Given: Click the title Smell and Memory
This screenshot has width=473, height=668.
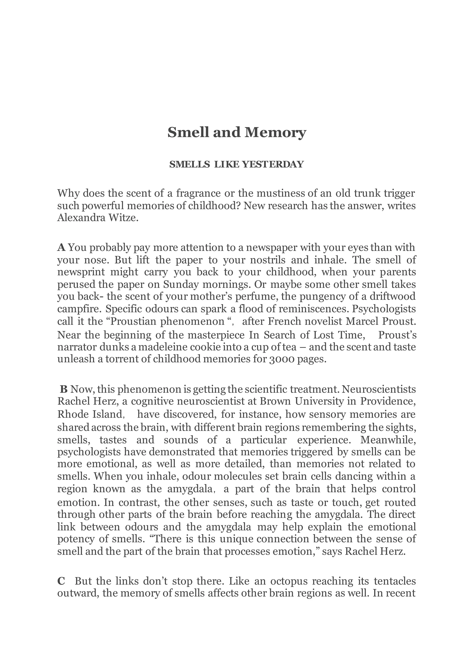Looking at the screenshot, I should coord(236,133).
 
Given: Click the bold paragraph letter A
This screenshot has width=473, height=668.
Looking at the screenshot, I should coord(61,247).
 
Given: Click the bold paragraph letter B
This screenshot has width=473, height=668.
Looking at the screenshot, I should coord(64,389).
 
